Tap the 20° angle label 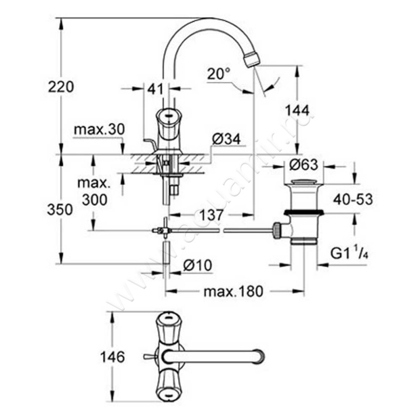pos(218,74)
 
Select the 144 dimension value pos(297,110)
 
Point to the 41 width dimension pos(154,89)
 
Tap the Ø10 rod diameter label pos(198,266)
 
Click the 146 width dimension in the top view pos(112,357)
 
